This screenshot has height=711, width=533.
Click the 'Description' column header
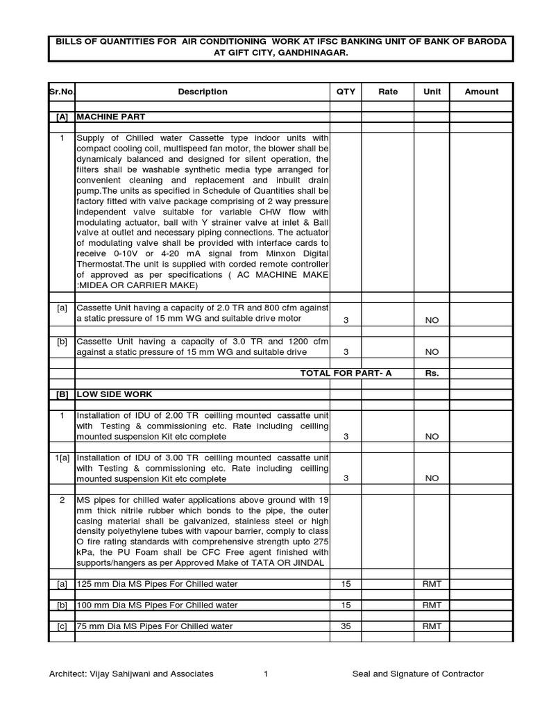click(x=202, y=92)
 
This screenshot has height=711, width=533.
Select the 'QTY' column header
click(x=346, y=92)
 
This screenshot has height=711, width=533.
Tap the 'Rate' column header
click(x=388, y=92)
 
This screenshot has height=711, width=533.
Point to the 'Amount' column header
click(x=481, y=92)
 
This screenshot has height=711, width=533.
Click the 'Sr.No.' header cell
click(x=61, y=92)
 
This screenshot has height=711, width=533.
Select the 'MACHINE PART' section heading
click(x=111, y=117)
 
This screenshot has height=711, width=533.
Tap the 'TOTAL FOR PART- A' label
click(x=346, y=374)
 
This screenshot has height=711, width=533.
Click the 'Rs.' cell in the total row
click(x=432, y=374)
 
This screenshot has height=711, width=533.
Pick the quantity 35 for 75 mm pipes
click(x=346, y=626)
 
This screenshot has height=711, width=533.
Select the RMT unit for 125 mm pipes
click(x=432, y=585)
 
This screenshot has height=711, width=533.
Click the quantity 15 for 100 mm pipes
click(x=346, y=605)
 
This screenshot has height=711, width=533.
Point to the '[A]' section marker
click(x=61, y=117)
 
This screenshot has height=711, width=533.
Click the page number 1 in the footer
click(x=266, y=674)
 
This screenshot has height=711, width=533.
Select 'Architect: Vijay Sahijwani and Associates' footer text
click(x=131, y=674)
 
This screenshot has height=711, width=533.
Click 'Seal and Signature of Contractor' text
click(x=418, y=674)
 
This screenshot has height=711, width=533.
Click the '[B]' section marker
click(x=61, y=394)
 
